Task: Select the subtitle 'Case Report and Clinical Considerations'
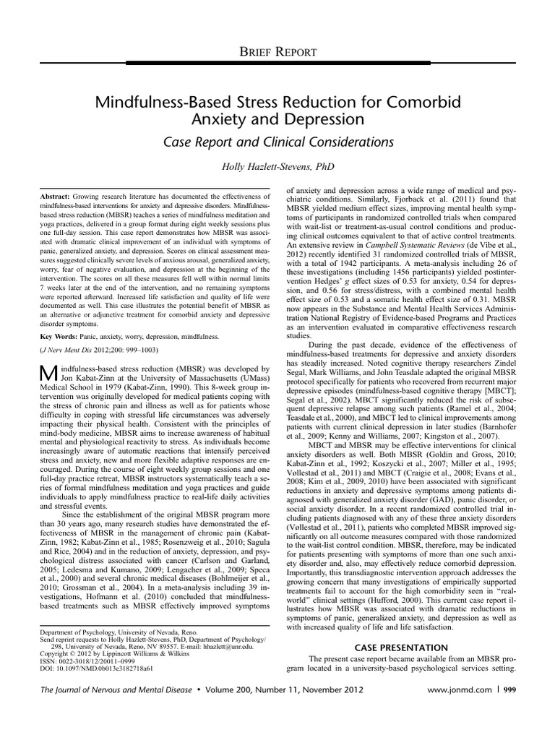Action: coord(277,142)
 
